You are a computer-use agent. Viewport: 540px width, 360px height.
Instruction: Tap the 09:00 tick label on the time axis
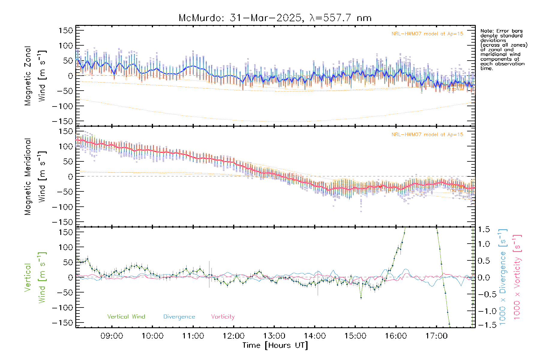[x=112, y=336]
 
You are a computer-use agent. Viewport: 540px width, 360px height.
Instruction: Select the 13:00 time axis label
[x=274, y=336]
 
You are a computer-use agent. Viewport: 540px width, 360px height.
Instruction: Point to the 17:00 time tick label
[x=436, y=336]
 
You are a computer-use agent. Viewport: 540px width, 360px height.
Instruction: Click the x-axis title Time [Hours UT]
[x=275, y=345]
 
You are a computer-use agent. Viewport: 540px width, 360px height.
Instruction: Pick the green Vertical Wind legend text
[x=126, y=316]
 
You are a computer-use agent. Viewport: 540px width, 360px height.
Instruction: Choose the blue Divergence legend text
[x=179, y=316]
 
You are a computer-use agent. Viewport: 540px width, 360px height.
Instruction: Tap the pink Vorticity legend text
[x=223, y=316]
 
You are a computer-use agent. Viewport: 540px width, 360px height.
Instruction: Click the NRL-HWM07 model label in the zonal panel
[x=427, y=34]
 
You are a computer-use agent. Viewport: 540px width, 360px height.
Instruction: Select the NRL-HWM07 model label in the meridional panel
[x=427, y=135]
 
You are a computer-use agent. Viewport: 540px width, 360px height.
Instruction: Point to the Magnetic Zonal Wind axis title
[x=35, y=76]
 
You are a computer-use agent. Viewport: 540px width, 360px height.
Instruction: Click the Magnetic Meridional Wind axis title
[x=35, y=176]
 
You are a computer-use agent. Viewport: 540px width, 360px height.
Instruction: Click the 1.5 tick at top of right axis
[x=484, y=229]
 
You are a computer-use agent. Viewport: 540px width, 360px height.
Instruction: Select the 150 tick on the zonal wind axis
[x=66, y=30]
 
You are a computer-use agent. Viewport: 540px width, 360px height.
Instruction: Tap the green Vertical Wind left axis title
[x=35, y=277]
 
